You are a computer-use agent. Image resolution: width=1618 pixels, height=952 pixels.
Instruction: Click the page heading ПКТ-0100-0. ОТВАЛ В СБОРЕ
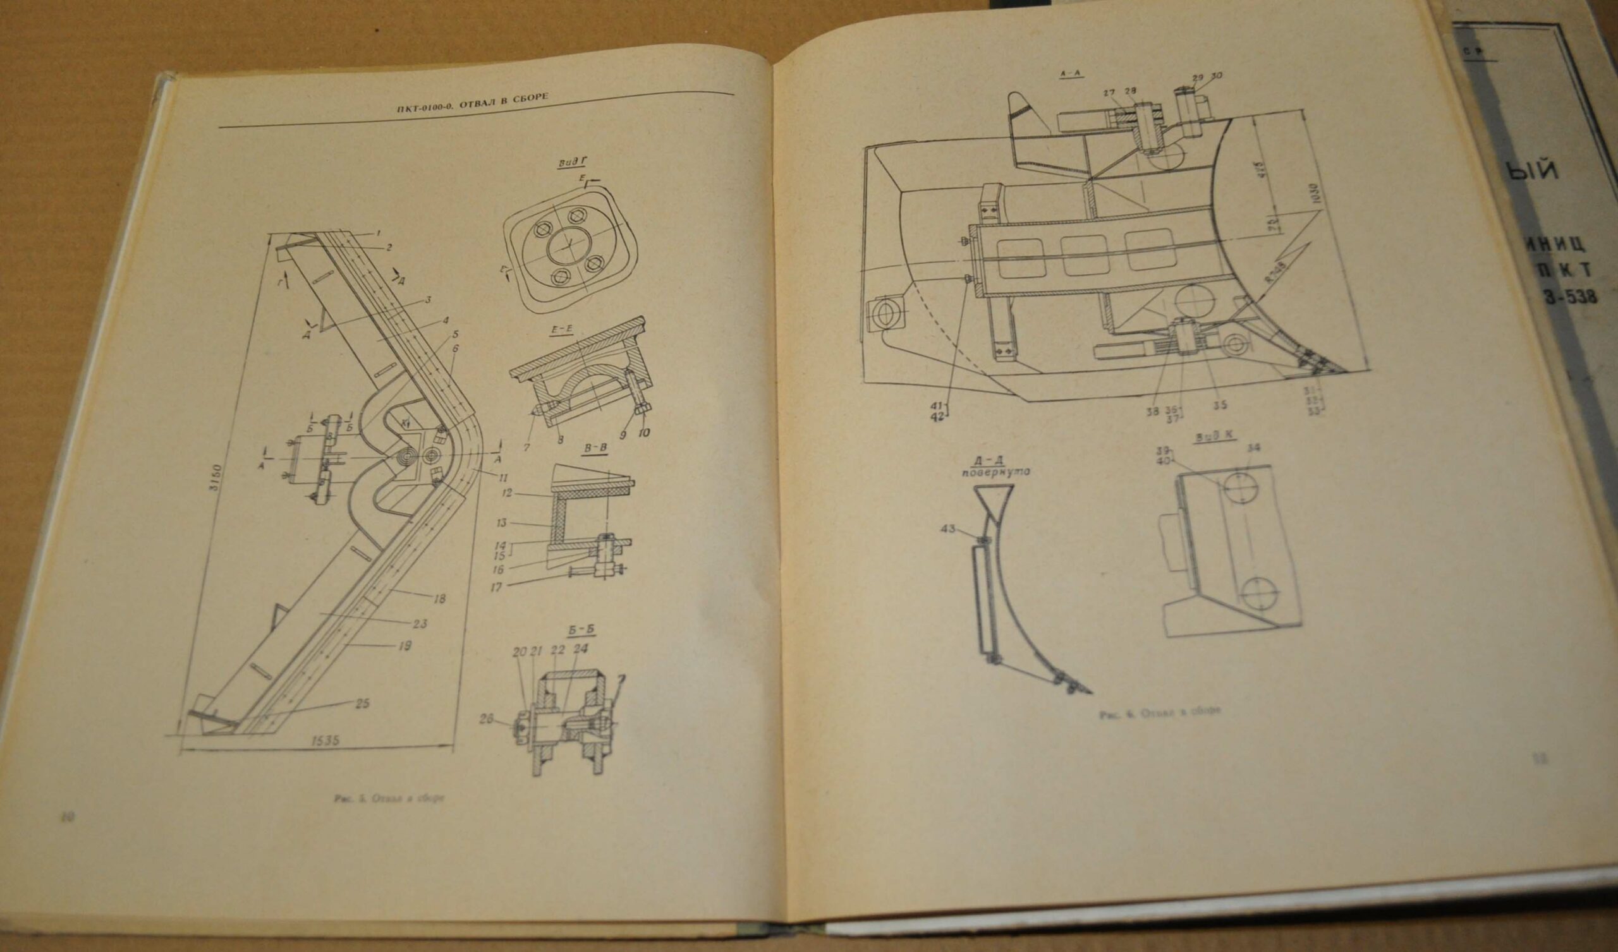click(471, 100)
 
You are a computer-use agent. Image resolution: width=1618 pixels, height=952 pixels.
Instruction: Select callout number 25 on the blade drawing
click(362, 704)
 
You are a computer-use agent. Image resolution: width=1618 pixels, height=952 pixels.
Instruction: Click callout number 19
click(404, 646)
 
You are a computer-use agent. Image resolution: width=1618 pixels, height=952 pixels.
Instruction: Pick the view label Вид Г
click(568, 163)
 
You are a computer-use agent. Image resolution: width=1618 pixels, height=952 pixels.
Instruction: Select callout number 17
click(496, 587)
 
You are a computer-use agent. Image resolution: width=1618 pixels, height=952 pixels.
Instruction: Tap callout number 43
click(947, 528)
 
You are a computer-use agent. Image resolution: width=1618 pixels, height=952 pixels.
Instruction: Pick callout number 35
click(1220, 405)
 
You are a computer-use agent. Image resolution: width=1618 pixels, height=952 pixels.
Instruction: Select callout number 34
click(1250, 447)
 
